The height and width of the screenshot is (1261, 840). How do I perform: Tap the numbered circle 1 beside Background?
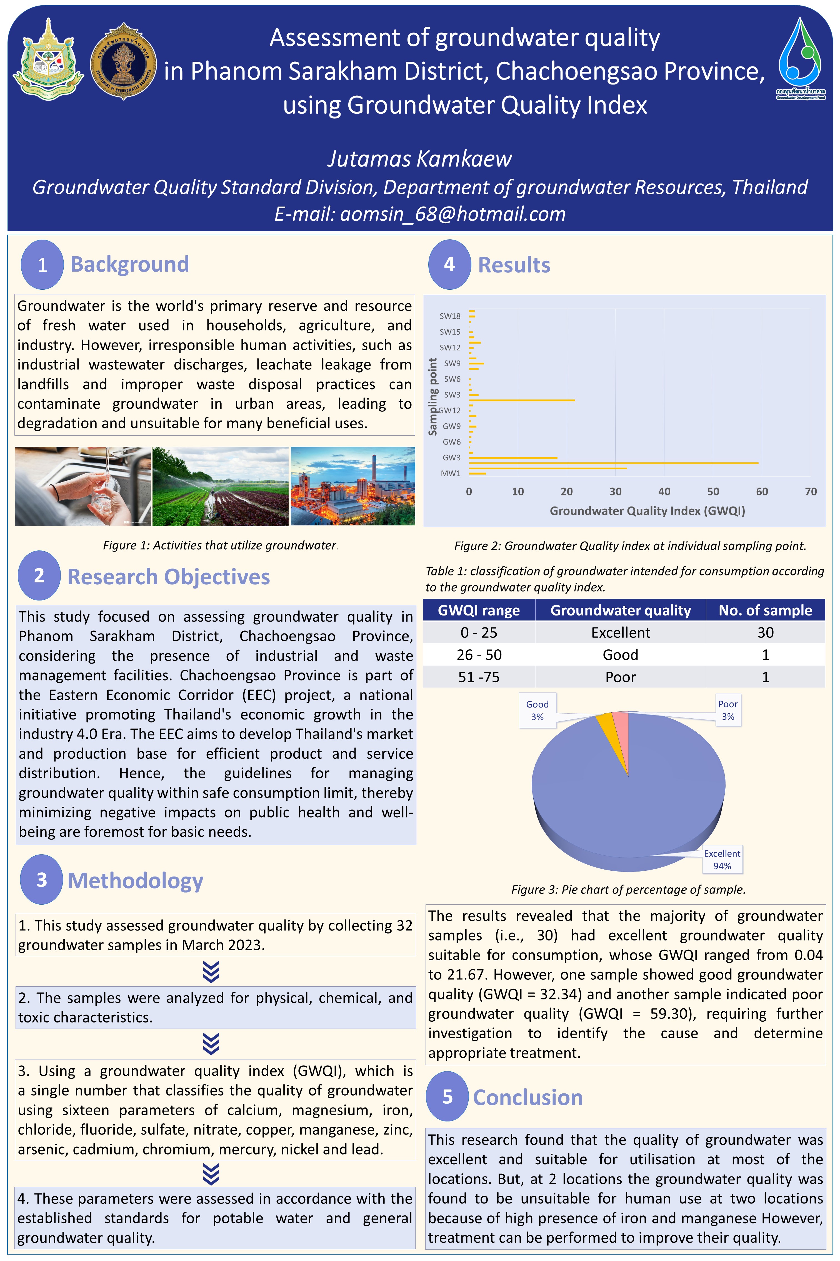coord(42,264)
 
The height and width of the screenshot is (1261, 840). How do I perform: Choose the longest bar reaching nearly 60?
coord(613,463)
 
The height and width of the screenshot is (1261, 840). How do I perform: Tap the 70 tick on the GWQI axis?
coord(811,492)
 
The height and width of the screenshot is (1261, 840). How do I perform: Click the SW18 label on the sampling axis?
coord(450,316)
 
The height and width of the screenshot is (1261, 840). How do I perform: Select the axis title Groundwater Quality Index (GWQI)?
coord(647,511)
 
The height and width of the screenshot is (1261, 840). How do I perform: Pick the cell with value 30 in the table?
coord(765,633)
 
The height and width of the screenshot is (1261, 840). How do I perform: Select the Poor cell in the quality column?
coord(620,677)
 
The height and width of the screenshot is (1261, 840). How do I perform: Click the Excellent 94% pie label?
coord(722,860)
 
